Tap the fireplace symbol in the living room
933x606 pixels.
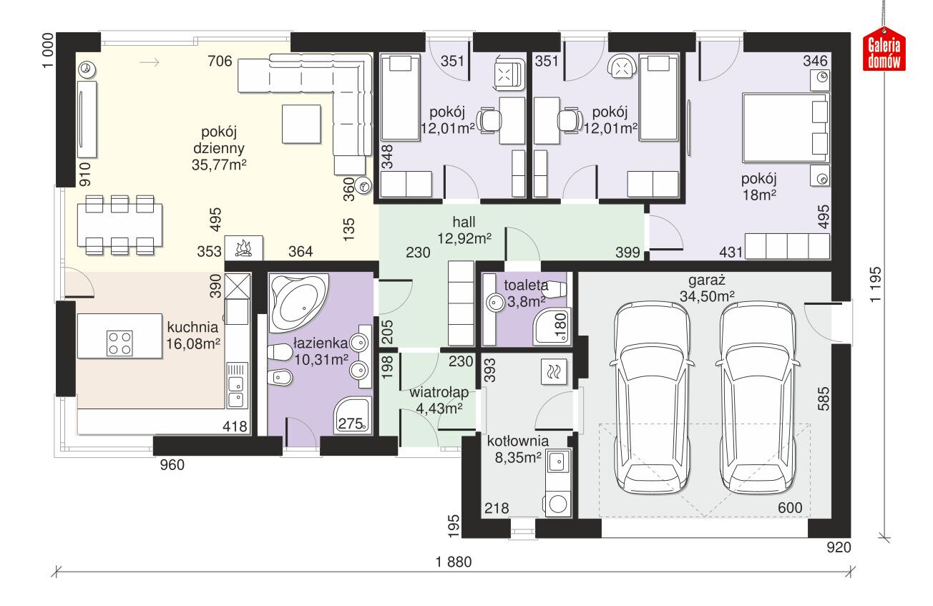(244, 248)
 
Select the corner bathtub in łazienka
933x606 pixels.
(298, 303)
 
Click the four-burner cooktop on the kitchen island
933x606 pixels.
(119, 343)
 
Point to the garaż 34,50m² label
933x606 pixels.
(707, 288)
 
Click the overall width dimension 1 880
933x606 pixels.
(454, 562)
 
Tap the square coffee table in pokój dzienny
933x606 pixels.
(301, 124)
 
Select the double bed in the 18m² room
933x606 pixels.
(786, 127)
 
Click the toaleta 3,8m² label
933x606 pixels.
(526, 293)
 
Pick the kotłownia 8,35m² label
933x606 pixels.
(518, 449)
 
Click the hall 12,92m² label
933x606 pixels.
(464, 230)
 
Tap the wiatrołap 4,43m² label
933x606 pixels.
(439, 400)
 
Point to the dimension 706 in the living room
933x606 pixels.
(220, 62)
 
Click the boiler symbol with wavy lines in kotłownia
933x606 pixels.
(554, 371)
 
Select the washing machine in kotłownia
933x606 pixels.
(557, 505)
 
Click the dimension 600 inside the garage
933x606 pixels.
(790, 508)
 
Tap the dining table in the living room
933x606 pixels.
(119, 225)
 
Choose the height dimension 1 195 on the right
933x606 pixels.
(876, 285)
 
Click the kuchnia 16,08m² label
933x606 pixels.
(193, 336)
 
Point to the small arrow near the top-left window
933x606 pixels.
(150, 62)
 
